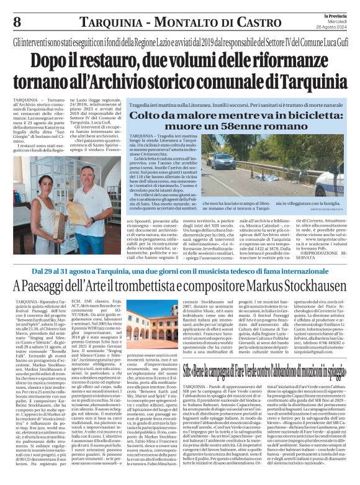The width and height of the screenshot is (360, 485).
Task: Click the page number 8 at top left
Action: (16, 22)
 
